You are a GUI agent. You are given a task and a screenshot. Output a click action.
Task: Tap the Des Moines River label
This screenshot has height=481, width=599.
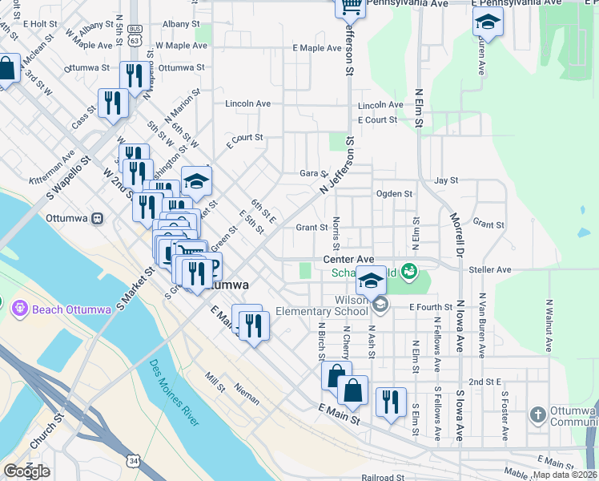[x=175, y=392]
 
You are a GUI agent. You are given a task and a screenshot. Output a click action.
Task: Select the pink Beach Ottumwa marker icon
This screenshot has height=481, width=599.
[x=18, y=307]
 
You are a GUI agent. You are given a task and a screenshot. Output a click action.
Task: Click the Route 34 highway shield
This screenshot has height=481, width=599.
[x=134, y=459]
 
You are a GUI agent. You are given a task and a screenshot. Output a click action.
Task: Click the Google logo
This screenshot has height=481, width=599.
[x=26, y=471]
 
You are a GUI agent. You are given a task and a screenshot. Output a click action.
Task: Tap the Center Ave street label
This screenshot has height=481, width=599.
[x=348, y=260]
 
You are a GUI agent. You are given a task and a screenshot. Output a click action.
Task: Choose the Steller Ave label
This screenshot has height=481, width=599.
[x=492, y=270]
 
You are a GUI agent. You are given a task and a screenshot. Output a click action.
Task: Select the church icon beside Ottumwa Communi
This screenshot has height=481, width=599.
[x=538, y=415]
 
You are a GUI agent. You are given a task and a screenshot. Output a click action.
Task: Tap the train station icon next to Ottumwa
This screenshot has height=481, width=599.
[x=98, y=218]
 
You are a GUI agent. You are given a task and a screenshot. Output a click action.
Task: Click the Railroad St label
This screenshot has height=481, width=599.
[x=383, y=477]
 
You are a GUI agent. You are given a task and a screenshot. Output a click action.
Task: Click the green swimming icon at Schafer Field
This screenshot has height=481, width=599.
[x=410, y=271]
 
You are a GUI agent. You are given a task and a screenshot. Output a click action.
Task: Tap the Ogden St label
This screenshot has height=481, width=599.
[x=393, y=193]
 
